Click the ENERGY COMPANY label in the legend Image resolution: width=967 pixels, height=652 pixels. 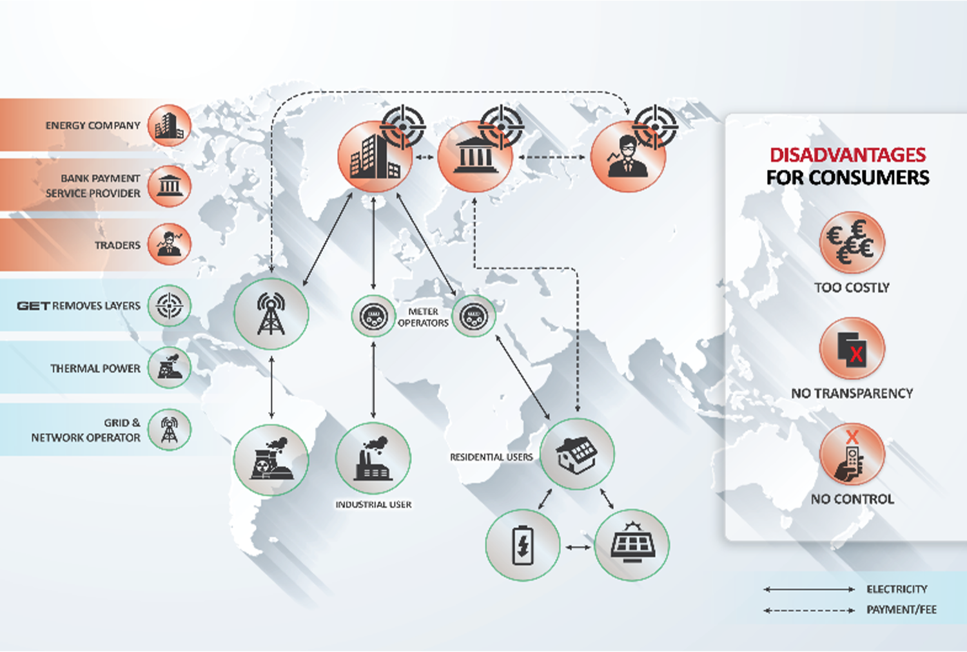[93, 126]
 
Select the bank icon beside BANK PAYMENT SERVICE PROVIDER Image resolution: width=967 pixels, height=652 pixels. [169, 186]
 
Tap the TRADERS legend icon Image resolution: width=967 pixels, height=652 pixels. [169, 244]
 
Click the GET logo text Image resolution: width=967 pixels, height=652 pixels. [34, 306]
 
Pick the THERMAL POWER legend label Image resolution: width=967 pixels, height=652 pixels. [95, 369]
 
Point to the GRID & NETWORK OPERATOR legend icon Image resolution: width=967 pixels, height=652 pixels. [169, 430]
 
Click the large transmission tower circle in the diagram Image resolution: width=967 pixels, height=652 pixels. [271, 314]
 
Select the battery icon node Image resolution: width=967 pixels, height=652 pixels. [523, 546]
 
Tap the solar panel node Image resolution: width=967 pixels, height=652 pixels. [632, 546]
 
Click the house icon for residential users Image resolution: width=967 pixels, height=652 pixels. [577, 454]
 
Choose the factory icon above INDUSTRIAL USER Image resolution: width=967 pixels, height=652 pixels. [373, 458]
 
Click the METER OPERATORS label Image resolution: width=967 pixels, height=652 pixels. [423, 317]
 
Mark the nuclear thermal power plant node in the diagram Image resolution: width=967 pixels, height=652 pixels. [271, 460]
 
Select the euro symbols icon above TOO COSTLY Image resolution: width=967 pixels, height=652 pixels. [852, 242]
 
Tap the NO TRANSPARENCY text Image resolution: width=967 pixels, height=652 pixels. [852, 394]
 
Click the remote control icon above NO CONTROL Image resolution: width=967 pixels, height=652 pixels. [852, 455]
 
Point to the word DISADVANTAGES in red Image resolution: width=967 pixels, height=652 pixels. [848, 155]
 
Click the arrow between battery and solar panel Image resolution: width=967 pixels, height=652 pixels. [578, 547]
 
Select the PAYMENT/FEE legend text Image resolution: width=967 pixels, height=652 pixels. [901, 609]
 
